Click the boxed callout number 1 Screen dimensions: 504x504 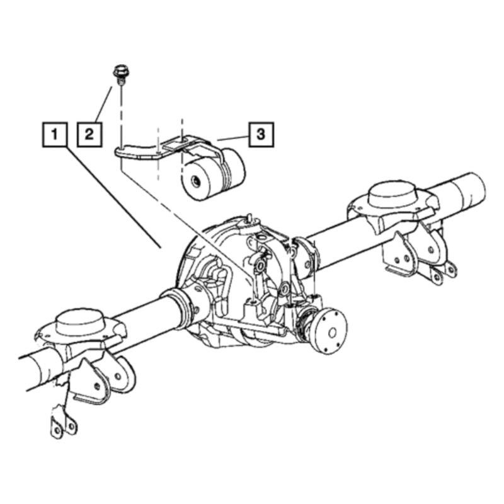coord(55,134)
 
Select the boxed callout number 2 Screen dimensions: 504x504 coord(89,134)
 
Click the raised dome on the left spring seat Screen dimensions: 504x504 coord(79,319)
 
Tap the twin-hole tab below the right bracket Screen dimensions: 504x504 coord(445,272)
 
